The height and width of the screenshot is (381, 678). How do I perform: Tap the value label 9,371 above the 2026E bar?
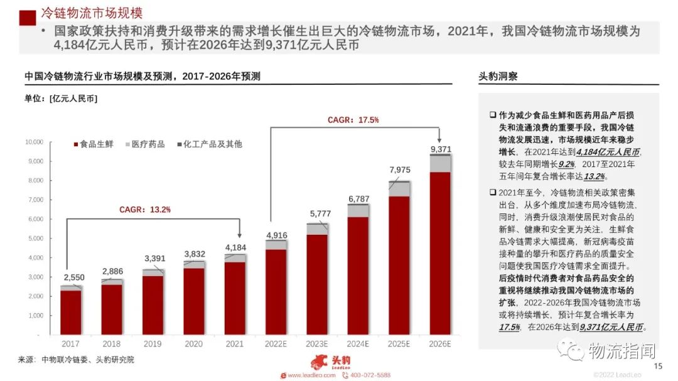[x=441, y=149]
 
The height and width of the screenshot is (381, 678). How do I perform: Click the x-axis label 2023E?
[x=317, y=344]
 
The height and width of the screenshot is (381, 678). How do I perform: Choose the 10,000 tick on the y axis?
[x=33, y=142]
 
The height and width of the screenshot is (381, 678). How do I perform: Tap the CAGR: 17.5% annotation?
[x=353, y=120]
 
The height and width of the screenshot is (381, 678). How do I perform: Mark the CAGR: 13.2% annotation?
[x=145, y=210]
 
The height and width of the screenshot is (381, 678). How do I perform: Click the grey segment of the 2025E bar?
[x=399, y=189]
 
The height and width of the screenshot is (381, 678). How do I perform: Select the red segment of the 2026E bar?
[x=441, y=253]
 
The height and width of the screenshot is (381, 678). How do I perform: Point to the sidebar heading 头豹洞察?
[x=498, y=77]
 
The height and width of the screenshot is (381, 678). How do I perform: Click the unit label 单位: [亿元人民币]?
[x=61, y=99]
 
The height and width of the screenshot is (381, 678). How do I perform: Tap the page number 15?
[x=658, y=367]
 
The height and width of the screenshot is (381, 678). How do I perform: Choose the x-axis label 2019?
[x=153, y=344]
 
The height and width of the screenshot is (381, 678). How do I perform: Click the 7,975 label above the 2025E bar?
[x=400, y=169]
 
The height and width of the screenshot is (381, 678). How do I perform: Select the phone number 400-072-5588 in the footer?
[x=370, y=375]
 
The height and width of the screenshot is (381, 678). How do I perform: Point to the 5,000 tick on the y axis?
[x=34, y=239]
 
